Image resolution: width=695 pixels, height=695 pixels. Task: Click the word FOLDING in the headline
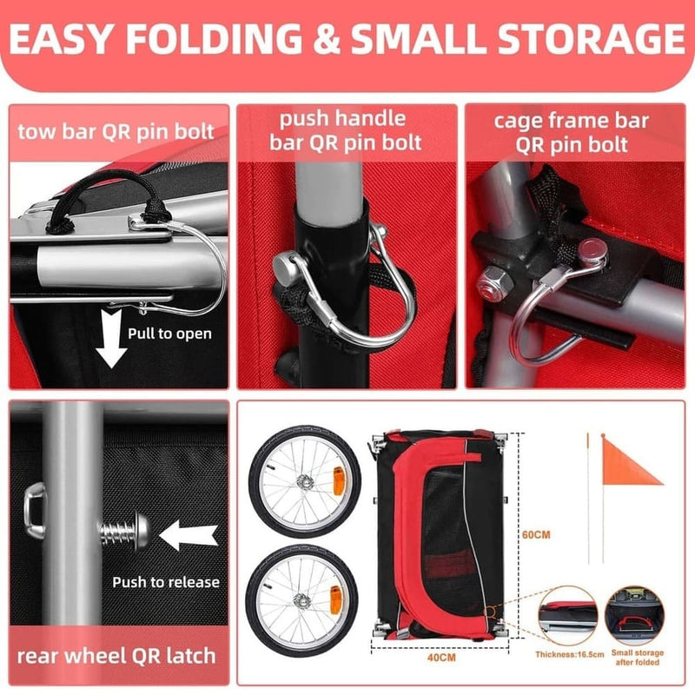coord(214,38)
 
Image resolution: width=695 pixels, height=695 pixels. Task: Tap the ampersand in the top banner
coord(327,38)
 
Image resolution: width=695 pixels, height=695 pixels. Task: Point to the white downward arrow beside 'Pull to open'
coord(111,339)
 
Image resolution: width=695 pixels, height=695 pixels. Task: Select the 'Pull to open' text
coord(169,334)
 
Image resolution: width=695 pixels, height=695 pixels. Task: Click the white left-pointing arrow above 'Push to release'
coord(189,535)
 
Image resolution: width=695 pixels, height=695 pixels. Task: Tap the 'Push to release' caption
coord(166,582)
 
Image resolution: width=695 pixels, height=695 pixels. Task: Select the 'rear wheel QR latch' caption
coord(116,656)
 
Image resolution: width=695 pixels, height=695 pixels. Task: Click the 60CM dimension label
coord(536,535)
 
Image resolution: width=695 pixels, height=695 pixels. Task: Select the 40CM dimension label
coord(441,658)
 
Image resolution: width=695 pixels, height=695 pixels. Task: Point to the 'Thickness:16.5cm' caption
coord(570,654)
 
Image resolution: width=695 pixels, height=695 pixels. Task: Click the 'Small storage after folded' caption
coord(638,658)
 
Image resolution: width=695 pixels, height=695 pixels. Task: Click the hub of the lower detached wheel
coord(302,600)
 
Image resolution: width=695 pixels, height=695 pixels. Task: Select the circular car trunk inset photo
coord(635,616)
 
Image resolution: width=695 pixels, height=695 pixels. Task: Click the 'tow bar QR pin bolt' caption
coord(116,132)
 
